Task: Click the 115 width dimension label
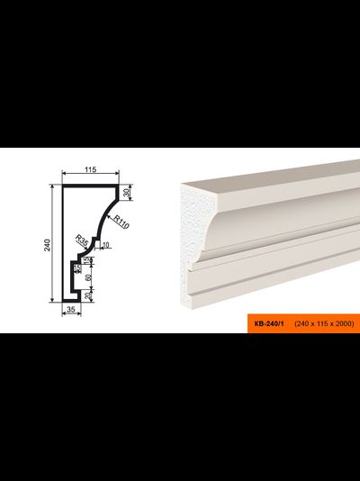click(91, 169)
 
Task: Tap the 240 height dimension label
click(47, 245)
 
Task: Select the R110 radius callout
click(121, 222)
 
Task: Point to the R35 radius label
click(82, 241)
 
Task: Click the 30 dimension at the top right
click(128, 193)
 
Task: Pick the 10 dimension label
click(106, 245)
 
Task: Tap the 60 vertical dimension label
click(88, 277)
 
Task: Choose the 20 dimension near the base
click(88, 295)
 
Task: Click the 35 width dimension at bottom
click(71, 309)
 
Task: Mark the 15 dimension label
click(87, 260)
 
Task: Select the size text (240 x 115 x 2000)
click(324, 323)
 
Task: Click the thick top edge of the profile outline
click(90, 186)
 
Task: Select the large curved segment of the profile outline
click(104, 218)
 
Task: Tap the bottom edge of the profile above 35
click(71, 301)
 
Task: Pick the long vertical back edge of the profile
click(63, 243)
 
